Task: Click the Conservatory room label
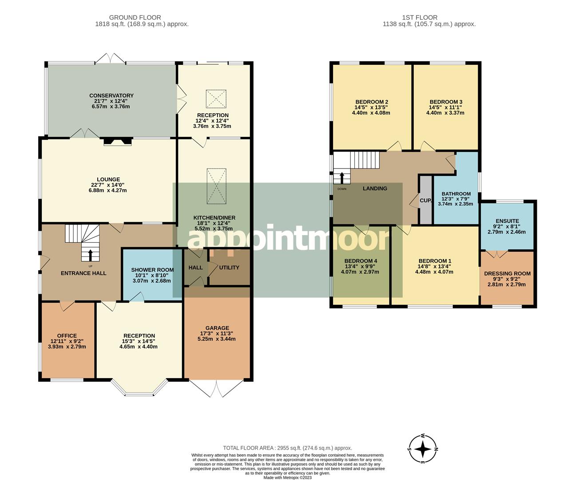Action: coord(111,96)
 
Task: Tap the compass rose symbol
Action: coord(423,449)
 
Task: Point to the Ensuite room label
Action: coord(507,221)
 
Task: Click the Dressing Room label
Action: coord(507,274)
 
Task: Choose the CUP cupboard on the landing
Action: coord(425,200)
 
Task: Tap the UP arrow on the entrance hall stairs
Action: coord(91,255)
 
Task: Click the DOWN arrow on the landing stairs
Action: coord(341,178)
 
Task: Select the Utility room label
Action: coord(229,268)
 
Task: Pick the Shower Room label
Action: coord(152,270)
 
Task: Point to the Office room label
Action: coord(67,336)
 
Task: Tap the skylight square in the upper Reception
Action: coord(216,99)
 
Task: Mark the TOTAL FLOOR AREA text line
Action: coord(287,448)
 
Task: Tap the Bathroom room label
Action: coord(456,194)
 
